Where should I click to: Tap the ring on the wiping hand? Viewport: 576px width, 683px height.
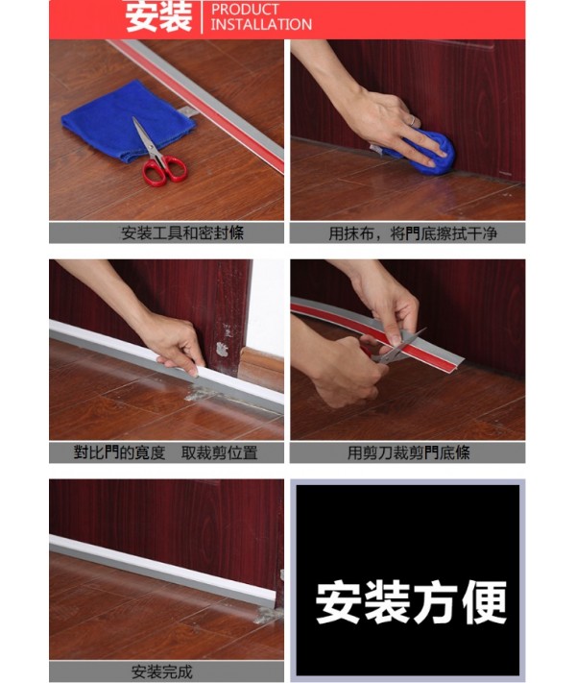[412, 121]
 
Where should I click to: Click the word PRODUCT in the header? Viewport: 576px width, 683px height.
[245, 10]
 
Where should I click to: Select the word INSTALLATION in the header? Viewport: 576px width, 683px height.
[262, 24]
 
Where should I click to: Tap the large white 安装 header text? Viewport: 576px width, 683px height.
[159, 16]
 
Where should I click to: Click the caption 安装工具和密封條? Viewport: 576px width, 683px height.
[182, 233]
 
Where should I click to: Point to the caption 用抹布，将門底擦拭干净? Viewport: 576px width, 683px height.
[413, 233]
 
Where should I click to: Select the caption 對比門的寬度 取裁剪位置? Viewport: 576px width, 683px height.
[165, 453]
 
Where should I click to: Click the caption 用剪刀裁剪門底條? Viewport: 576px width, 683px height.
[409, 453]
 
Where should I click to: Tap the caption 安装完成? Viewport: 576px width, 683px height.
[162, 671]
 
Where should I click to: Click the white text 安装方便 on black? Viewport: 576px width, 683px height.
[411, 602]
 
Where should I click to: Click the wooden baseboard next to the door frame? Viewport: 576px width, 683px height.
[261, 368]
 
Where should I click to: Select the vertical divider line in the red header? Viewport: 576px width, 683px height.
[202, 17]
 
